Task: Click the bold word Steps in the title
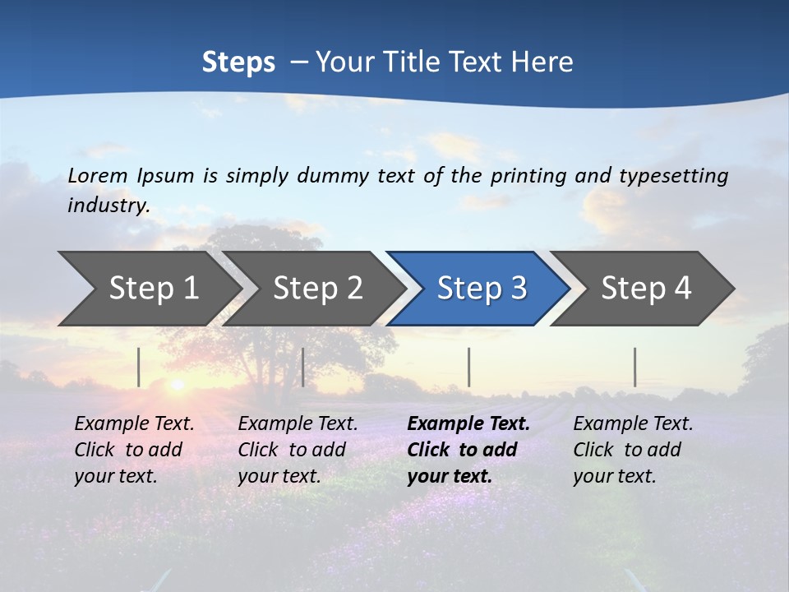tap(238, 62)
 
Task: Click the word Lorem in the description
tap(97, 175)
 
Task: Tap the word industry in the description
tap(108, 205)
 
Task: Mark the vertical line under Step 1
tap(139, 367)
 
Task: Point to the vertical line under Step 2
tap(303, 367)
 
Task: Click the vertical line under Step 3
tap(468, 367)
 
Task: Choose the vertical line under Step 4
tap(634, 367)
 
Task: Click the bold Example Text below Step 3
tap(468, 423)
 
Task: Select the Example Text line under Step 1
tap(134, 423)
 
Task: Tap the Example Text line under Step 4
tap(633, 423)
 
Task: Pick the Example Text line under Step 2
tap(298, 423)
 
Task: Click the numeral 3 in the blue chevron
tap(518, 289)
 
